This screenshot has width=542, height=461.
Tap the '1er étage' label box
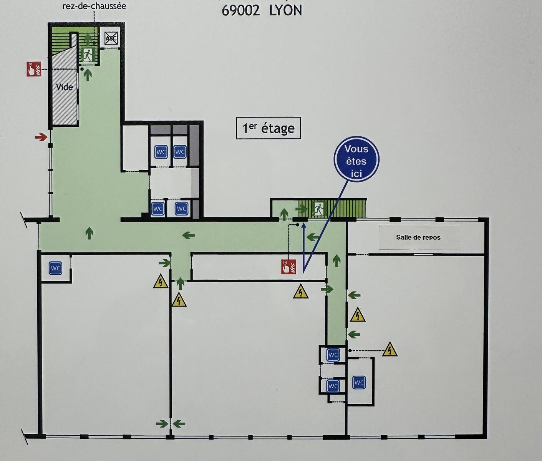[x=268, y=128]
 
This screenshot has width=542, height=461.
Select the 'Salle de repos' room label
[x=418, y=237]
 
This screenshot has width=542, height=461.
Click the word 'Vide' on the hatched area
[x=65, y=87]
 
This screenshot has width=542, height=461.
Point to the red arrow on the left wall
[x=41, y=137]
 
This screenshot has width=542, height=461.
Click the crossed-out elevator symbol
[x=111, y=38]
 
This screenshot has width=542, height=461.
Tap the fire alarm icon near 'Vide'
[x=34, y=69]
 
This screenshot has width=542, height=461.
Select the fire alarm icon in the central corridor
[x=288, y=267]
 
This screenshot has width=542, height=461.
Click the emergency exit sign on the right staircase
[x=319, y=209]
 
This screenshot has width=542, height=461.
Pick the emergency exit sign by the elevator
[x=88, y=55]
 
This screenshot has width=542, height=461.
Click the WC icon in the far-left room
[x=55, y=268]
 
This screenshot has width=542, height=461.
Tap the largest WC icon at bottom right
[x=358, y=382]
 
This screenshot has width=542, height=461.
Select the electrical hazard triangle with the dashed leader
[x=390, y=350]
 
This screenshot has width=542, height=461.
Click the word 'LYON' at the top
[x=285, y=10]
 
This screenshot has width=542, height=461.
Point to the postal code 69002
[x=240, y=10]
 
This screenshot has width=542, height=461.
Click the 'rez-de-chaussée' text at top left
[x=94, y=6]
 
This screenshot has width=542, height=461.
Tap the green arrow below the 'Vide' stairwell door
[x=88, y=74]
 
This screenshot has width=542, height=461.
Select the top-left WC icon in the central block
[x=161, y=152]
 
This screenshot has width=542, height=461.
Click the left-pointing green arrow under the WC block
[x=188, y=235]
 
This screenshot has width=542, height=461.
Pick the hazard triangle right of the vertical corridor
[x=358, y=315]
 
